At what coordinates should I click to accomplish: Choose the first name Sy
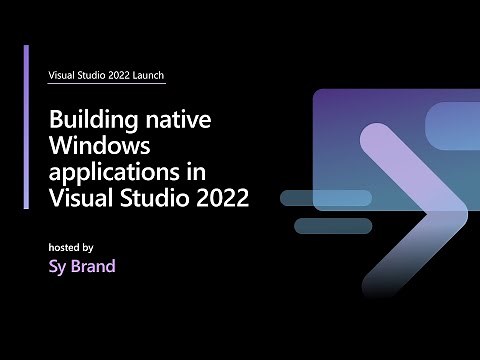(x=59, y=267)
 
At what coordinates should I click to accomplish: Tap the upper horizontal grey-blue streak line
(x=325, y=197)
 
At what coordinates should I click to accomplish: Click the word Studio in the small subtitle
(x=96, y=75)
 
